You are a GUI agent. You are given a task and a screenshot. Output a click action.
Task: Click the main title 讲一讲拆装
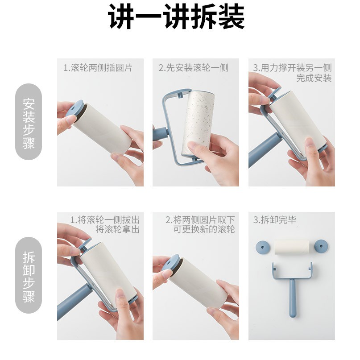(176, 17)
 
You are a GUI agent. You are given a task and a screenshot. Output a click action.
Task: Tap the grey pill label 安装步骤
(29, 122)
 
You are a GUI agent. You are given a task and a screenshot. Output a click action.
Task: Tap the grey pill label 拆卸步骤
(29, 275)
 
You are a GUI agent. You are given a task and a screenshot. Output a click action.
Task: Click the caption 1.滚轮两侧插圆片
(98, 68)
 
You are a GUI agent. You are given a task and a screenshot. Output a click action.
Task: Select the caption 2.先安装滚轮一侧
(194, 68)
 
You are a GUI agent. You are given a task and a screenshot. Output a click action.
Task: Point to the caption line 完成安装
(314, 78)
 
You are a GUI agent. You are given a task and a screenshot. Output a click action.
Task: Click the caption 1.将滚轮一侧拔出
(105, 220)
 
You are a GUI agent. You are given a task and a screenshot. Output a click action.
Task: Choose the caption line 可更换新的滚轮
(204, 229)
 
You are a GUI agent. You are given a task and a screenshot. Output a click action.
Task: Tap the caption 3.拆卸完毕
(275, 220)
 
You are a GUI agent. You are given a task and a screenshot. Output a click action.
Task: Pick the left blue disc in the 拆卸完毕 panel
(263, 247)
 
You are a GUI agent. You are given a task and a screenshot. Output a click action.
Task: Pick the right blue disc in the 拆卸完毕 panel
(321, 246)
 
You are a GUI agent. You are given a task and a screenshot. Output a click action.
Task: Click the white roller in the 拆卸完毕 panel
(292, 247)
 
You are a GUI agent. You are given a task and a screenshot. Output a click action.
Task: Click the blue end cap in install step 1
(75, 108)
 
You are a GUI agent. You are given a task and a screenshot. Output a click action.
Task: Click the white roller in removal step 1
(108, 273)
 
